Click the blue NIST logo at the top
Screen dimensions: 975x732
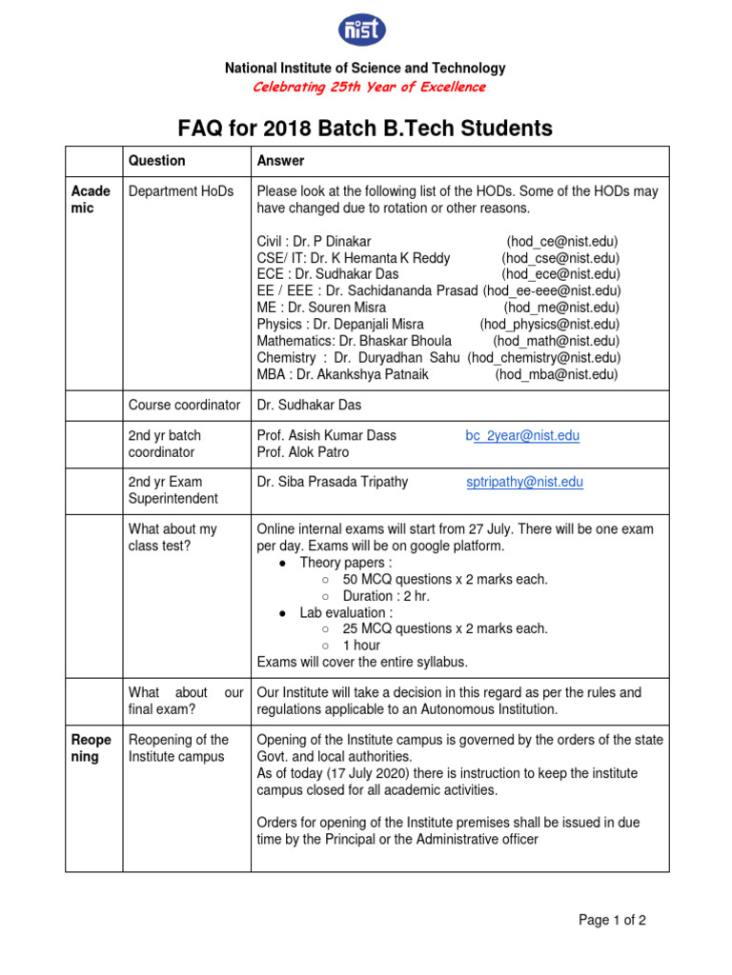click(x=363, y=30)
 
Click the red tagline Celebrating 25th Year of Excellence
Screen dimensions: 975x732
click(x=369, y=87)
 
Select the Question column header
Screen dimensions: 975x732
click(x=157, y=161)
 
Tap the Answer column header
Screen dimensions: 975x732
click(x=281, y=161)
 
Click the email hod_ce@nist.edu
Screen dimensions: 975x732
click(x=561, y=242)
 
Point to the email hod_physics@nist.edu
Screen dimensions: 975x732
click(x=549, y=324)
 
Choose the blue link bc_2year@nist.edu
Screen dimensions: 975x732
click(x=522, y=435)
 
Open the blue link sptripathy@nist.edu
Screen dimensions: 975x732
click(x=524, y=482)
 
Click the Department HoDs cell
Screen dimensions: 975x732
click(x=181, y=191)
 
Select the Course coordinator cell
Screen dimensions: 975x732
click(x=185, y=405)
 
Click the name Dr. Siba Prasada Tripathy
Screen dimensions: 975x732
click(x=333, y=482)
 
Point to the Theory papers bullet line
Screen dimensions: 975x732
click(x=345, y=563)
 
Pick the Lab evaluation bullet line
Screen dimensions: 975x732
click(x=345, y=612)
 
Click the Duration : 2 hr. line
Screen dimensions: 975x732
click(x=386, y=596)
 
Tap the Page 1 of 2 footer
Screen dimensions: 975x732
click(x=613, y=920)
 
